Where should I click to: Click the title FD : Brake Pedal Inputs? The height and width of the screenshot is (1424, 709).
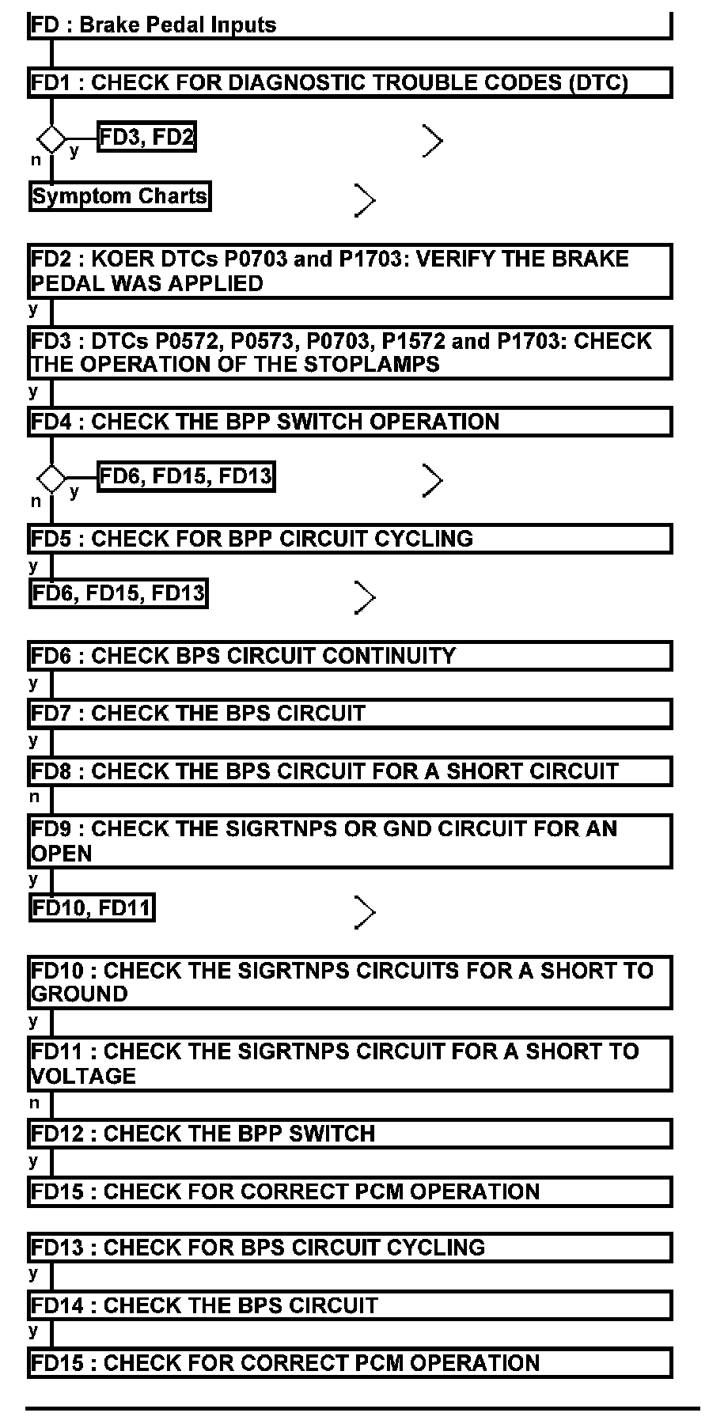tap(154, 25)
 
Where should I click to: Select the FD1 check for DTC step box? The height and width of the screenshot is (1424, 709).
tap(350, 83)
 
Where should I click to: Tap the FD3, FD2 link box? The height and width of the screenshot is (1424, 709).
tap(147, 138)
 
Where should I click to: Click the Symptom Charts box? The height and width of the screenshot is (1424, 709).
tap(120, 196)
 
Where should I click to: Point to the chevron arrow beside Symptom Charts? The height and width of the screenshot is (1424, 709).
tap(364, 200)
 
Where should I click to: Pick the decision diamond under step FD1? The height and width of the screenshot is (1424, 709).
tap(52, 140)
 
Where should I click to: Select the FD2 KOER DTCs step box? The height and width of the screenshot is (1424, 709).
tap(350, 271)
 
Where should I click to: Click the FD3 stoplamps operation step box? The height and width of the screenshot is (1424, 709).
tap(350, 353)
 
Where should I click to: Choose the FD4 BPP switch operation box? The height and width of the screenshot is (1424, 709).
tap(350, 422)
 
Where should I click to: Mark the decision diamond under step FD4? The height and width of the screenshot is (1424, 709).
tap(52, 479)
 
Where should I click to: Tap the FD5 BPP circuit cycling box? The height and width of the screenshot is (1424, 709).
tap(350, 539)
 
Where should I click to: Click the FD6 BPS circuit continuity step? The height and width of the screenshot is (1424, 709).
tap(350, 656)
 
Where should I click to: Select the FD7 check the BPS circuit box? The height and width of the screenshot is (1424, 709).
tap(350, 714)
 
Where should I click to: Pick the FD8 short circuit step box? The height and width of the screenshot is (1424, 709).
tap(350, 771)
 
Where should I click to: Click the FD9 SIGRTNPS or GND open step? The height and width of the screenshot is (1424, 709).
tap(350, 841)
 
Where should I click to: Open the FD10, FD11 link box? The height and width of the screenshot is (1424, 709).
tap(92, 907)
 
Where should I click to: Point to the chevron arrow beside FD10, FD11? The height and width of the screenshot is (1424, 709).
tap(364, 912)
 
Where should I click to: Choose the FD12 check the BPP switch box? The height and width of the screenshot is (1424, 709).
tap(350, 1134)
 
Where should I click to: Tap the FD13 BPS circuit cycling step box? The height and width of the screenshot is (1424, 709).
tap(350, 1248)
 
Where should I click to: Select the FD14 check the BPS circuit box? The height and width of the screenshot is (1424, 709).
tap(350, 1305)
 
